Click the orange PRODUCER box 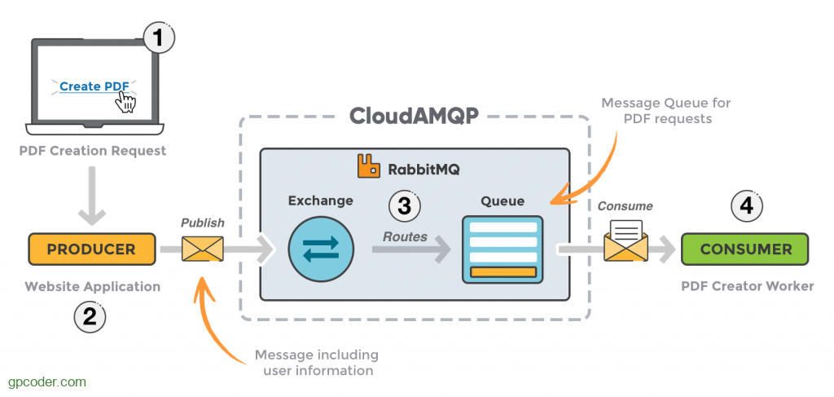91,249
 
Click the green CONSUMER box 744,249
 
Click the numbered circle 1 159,37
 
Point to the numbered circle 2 90,316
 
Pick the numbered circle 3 404,205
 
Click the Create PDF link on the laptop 91,86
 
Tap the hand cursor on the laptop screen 125,101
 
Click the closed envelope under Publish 202,249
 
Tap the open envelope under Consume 625,241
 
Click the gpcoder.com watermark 46,381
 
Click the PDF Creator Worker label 747,286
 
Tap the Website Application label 92,286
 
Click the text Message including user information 315,363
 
